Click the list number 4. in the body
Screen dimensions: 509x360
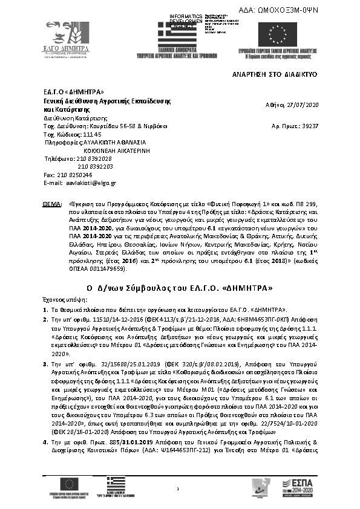[x=45, y=443]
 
